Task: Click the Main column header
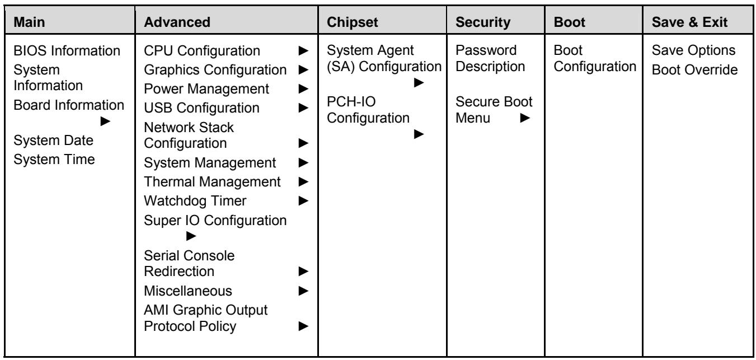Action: coord(29,22)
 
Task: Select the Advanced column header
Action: coord(177,22)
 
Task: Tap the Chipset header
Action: coord(352,22)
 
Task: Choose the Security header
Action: coord(482,22)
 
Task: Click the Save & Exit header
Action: coord(689,22)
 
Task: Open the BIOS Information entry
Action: coord(67,50)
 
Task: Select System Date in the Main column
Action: coord(53,141)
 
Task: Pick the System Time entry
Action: coord(54,160)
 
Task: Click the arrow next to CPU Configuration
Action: coord(303,50)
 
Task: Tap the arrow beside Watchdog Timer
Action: coord(303,201)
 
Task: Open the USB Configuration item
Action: coord(201,108)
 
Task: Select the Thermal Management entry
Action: coord(212,182)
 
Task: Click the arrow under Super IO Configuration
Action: coord(191,236)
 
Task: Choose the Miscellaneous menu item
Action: coord(188,291)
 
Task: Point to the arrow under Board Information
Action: coord(105,121)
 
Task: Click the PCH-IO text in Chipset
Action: coord(351,102)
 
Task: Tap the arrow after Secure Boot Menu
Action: coord(525,118)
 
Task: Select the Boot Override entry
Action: coord(694,70)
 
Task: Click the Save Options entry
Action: coord(693,50)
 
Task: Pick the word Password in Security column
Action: coord(486,50)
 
